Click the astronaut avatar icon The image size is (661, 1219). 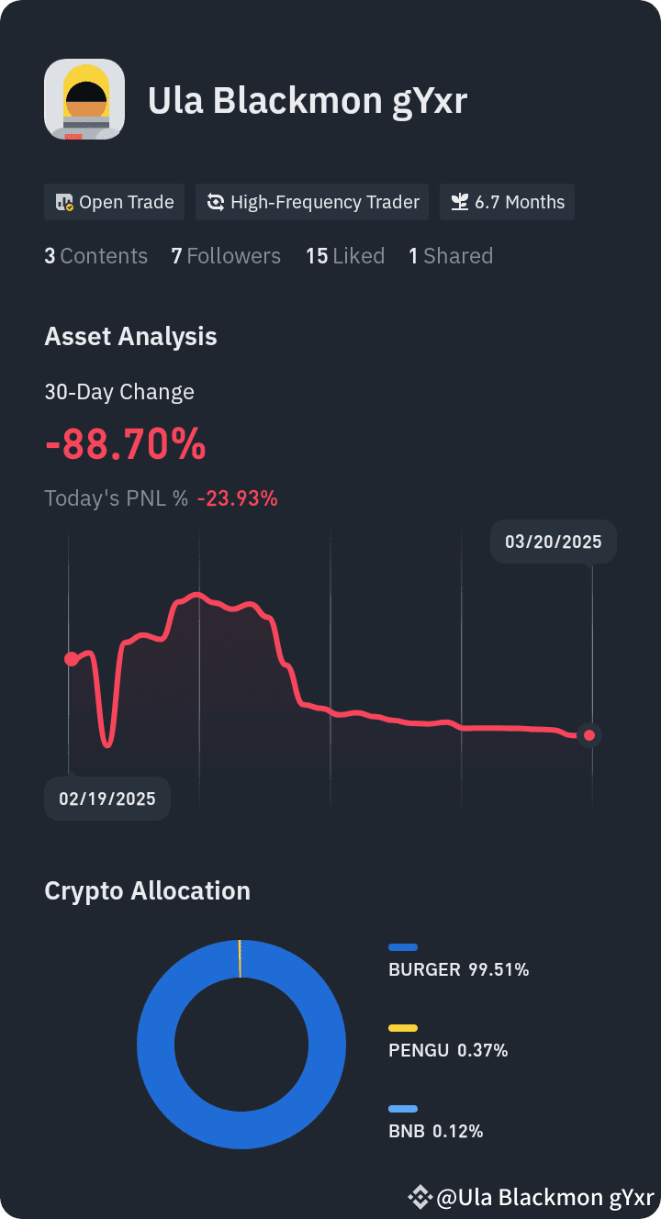84,99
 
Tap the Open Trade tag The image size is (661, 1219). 115,202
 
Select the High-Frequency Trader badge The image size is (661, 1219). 312,202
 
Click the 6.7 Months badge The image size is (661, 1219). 507,202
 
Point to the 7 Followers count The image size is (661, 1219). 226,256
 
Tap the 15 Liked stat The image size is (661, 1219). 345,256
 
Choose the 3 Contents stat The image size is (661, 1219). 95,256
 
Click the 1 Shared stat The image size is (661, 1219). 451,256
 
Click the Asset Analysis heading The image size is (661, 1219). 130,336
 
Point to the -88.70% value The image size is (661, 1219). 126,444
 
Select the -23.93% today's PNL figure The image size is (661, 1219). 238,498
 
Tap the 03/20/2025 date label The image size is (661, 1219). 554,542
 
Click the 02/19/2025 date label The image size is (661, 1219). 107,799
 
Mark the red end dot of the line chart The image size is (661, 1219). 589,736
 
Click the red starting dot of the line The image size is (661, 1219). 72,659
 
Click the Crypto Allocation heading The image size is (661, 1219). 148,891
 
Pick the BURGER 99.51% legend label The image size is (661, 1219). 458,969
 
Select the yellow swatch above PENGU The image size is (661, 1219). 403,1028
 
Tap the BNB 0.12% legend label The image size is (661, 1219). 435,1132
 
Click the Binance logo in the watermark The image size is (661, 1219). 420,1197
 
